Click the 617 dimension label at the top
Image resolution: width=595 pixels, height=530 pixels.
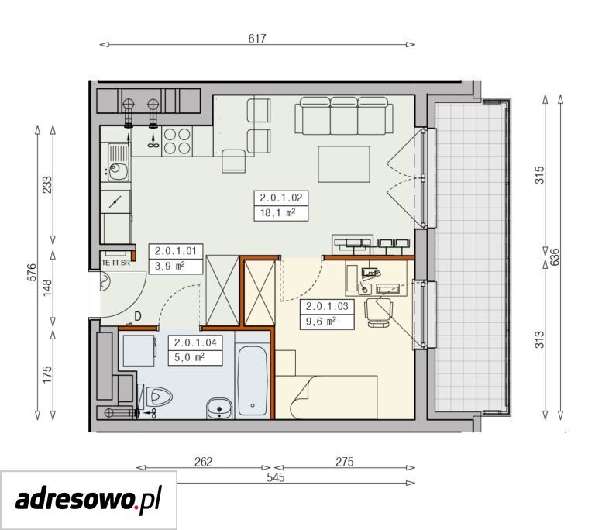tap(257, 38)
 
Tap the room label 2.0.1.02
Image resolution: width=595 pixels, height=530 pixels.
tap(280, 198)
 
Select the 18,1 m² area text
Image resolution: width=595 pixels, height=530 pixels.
tap(278, 212)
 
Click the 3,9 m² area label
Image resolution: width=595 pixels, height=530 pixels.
tap(170, 266)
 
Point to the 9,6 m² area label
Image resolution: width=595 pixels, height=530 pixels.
tap(321, 322)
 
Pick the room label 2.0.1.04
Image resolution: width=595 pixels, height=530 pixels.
tap(195, 342)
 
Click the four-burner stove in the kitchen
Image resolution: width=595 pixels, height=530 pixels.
tap(177, 141)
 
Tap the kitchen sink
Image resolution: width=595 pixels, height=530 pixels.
tap(118, 162)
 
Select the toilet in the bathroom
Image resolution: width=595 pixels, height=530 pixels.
tap(158, 397)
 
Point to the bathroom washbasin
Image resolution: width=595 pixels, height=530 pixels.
tap(219, 408)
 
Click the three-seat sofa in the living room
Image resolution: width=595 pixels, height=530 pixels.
tap(344, 115)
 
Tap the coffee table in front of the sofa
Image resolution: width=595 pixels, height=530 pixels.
tap(344, 164)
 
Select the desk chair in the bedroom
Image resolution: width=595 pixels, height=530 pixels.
tap(378, 312)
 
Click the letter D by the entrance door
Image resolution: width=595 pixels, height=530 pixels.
tap(138, 316)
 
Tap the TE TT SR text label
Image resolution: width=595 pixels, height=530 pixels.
tap(115, 263)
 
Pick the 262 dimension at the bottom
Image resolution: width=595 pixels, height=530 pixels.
tap(204, 462)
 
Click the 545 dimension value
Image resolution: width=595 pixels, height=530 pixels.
tap(276, 477)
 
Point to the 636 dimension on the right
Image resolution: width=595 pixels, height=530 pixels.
tap(555, 257)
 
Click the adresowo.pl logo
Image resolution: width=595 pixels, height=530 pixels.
tap(88, 500)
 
